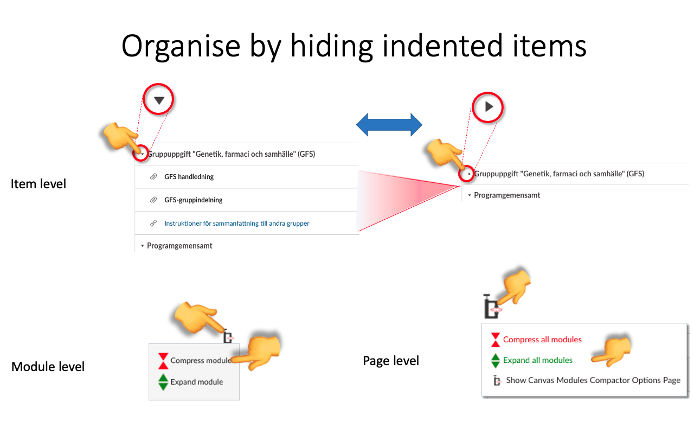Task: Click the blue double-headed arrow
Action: point(389,125)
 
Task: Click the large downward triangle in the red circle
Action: point(159,100)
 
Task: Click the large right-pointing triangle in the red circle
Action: point(489,107)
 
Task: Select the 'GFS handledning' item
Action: point(189,177)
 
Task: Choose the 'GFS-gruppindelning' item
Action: point(193,200)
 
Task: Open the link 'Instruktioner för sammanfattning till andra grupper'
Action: point(236,224)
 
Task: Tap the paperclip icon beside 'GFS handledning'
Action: point(153,177)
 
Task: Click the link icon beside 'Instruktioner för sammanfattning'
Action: point(153,224)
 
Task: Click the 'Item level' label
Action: point(38,184)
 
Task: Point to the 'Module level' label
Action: point(48,367)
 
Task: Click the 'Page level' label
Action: point(391,361)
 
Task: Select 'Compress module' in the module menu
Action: point(200,360)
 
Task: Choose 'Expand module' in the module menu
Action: point(196,382)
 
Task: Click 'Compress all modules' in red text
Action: point(542,340)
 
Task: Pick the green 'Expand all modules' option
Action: point(537,360)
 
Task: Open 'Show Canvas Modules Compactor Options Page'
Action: point(593,380)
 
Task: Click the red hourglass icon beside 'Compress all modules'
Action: point(495,340)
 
